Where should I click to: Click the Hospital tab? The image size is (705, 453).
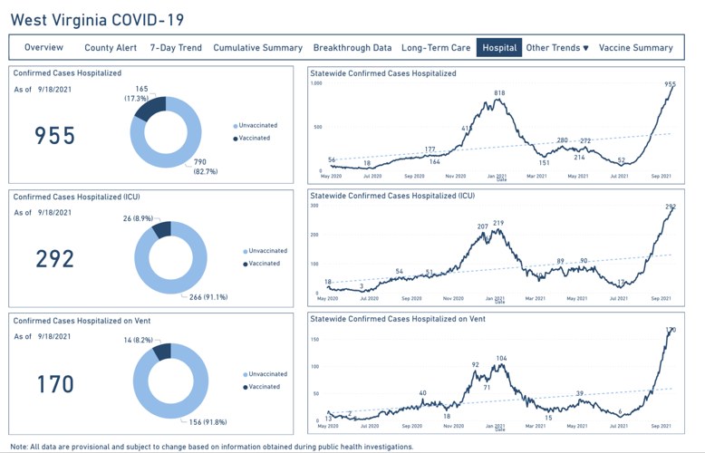tap(499, 47)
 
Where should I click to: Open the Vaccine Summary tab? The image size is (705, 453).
tap(635, 47)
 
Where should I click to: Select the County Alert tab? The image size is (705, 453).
tap(111, 47)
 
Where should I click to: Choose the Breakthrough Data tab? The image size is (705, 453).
tap(352, 47)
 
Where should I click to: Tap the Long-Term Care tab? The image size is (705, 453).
tap(436, 47)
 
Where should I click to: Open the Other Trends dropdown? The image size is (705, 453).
tap(557, 47)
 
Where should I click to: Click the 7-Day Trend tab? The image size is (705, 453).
tap(176, 47)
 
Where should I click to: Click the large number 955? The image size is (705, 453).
tap(55, 136)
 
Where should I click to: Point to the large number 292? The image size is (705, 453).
tap(55, 259)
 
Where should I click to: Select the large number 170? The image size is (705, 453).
tap(55, 384)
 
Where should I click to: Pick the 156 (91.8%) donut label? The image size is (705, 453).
tap(208, 421)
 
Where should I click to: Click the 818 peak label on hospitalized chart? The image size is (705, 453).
tap(499, 93)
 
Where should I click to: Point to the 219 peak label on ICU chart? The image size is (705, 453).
tap(498, 223)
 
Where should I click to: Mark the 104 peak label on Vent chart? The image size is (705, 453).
tap(501, 359)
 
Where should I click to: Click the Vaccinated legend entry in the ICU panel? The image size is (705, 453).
tap(265, 264)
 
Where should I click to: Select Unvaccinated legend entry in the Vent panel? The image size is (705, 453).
tap(266, 374)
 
